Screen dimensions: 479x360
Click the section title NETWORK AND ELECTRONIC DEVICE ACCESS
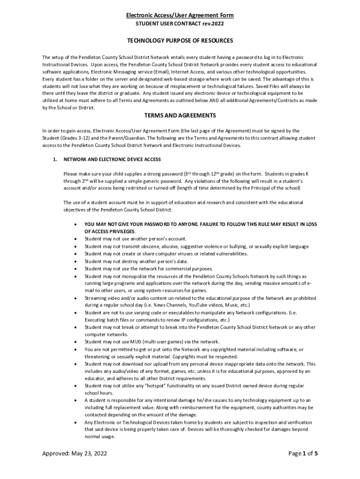click(x=112, y=160)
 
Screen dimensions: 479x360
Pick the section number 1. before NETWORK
click(x=55, y=160)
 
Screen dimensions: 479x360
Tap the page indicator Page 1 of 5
click(x=300, y=453)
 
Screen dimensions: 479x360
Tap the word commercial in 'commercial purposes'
click(x=172, y=269)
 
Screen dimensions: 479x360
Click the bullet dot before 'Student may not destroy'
click(x=76, y=261)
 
